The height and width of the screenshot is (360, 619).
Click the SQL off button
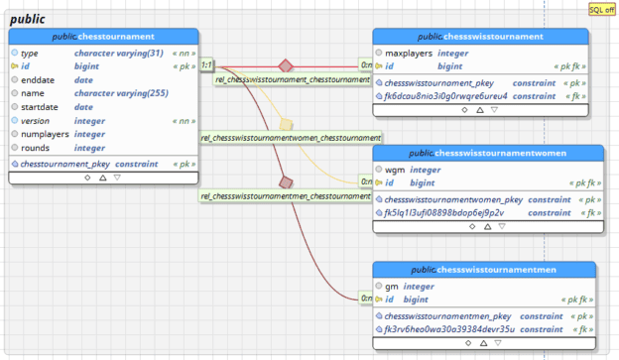pyautogui.click(x=601, y=9)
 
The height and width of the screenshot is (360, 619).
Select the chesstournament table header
pyautogui.click(x=103, y=36)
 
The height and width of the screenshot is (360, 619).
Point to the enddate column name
pyautogui.click(x=39, y=79)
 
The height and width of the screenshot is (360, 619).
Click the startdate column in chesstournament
pyautogui.click(x=43, y=107)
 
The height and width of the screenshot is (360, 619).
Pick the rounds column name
pyautogui.click(x=37, y=147)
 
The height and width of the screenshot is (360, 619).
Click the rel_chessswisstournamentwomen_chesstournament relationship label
pyautogui.click(x=292, y=138)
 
